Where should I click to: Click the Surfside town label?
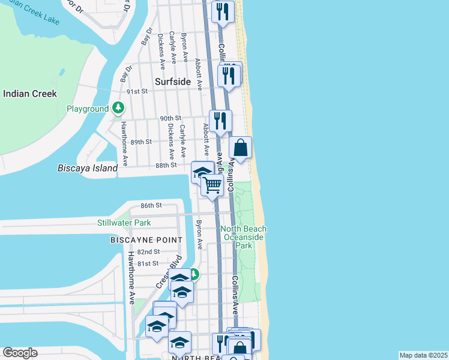[x=172, y=82]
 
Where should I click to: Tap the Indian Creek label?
[x=30, y=94]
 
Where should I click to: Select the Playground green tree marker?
[x=119, y=109]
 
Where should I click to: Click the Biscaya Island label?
[x=88, y=169]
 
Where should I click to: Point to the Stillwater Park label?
[x=124, y=223]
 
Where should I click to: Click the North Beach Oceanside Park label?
[x=243, y=237]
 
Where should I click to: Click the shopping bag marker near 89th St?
[x=240, y=147]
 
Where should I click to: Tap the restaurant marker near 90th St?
[x=220, y=121]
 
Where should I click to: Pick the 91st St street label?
[x=138, y=92]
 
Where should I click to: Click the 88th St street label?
[x=165, y=165]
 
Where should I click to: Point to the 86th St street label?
[x=152, y=205]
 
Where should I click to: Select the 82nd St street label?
[x=148, y=252]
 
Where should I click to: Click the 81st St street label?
[x=147, y=263]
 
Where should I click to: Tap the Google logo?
[x=20, y=353]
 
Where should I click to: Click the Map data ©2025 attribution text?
[x=423, y=355]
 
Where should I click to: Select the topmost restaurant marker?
[x=223, y=11]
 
